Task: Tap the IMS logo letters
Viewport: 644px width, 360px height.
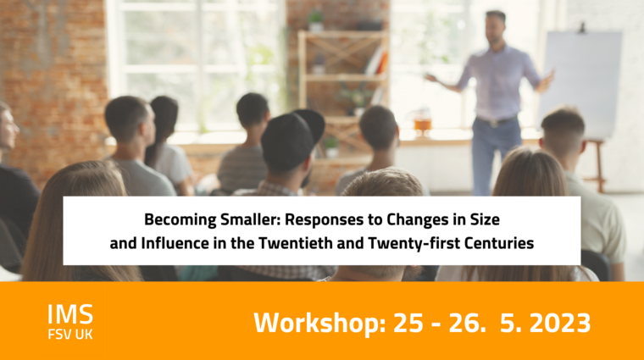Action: click(70, 314)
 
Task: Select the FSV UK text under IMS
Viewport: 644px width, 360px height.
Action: click(70, 334)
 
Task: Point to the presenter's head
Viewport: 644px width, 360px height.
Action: click(496, 27)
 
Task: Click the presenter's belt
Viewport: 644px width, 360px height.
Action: click(497, 121)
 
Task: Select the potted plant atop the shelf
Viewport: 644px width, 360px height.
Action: click(315, 20)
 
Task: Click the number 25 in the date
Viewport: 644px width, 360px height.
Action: click(408, 323)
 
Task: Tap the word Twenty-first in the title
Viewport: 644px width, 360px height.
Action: click(414, 243)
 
